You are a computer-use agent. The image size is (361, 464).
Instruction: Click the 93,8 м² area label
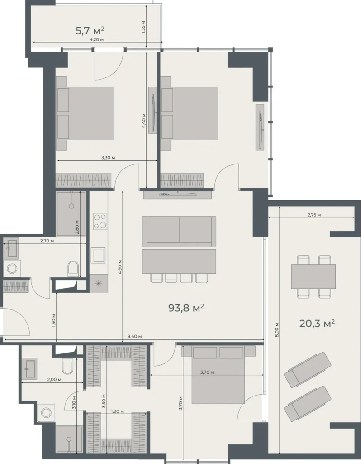pos(186,309)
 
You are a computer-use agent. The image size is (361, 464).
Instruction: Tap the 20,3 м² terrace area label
pos(317,323)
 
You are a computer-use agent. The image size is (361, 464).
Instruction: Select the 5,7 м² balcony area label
pos(90,31)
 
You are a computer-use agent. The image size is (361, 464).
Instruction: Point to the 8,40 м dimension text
pos(134,336)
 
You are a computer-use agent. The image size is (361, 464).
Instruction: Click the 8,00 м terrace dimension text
pos(277,327)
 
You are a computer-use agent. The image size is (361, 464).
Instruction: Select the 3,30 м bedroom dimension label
pos(107,158)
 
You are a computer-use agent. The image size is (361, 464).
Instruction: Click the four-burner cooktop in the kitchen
pos(100,222)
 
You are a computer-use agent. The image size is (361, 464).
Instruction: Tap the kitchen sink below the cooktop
pos(98,255)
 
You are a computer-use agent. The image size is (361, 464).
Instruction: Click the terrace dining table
pos(313,276)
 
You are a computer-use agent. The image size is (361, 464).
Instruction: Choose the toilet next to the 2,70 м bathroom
pos(73,269)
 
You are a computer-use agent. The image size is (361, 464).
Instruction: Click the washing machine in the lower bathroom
pos(47,412)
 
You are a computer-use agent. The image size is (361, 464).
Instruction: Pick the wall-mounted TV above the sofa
pos(177,194)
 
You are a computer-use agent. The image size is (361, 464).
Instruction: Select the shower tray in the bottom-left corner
pos(69,439)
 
